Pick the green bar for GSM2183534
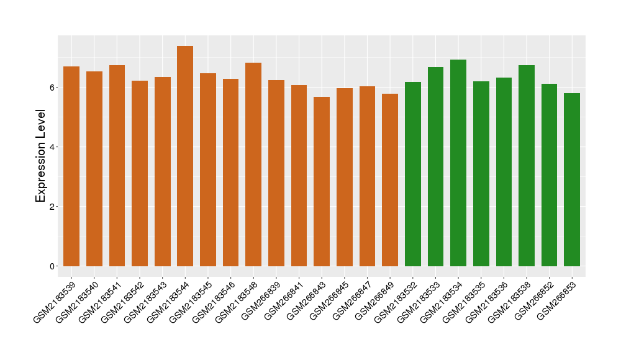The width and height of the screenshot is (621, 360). click(x=458, y=163)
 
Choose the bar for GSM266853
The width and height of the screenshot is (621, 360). click(x=572, y=180)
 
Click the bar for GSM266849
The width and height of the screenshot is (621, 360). click(x=390, y=180)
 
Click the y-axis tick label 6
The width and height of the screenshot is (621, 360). click(x=53, y=88)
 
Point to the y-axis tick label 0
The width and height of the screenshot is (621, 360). click(x=53, y=266)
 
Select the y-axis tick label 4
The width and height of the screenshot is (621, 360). click(x=53, y=147)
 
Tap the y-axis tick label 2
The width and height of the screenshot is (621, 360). click(x=53, y=207)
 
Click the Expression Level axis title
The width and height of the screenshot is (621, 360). click(x=41, y=156)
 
